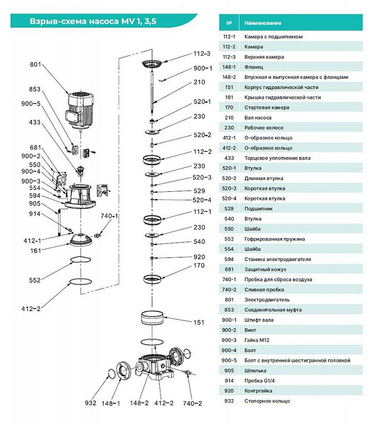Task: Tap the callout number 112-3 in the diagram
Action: [x=202, y=54]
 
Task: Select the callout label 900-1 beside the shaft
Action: [x=203, y=69]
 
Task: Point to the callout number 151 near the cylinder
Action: [x=199, y=322]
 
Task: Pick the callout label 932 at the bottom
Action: [x=90, y=403]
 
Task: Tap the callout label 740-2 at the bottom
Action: [x=192, y=403]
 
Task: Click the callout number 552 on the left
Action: [x=35, y=280]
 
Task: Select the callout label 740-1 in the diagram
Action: [x=109, y=216]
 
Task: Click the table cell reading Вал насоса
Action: [x=258, y=117]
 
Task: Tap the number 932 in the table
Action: [x=229, y=401]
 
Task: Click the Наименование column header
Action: [x=263, y=23]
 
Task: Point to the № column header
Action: [x=229, y=23]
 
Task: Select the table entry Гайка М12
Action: [x=257, y=340]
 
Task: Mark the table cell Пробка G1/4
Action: [x=259, y=380]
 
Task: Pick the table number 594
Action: [x=229, y=259]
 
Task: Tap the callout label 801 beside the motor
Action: [x=36, y=64]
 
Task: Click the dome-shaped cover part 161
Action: [x=80, y=240]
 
